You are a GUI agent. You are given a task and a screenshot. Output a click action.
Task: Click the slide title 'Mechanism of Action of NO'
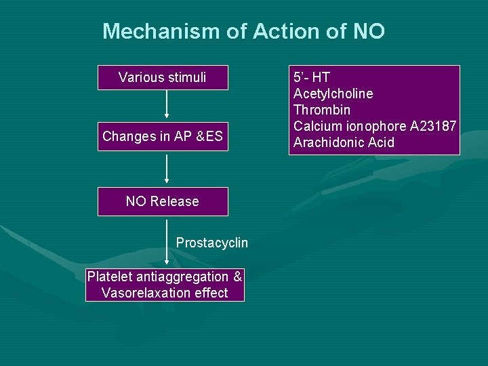pyautogui.click(x=243, y=31)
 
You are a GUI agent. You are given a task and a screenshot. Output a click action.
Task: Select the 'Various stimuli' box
pyautogui.click(x=163, y=78)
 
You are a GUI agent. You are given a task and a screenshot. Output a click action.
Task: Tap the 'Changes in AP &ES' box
pyautogui.click(x=163, y=136)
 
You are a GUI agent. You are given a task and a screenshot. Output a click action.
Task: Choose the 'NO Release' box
pyautogui.click(x=163, y=201)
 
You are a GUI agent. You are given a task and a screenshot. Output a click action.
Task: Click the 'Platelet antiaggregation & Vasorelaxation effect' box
pyautogui.click(x=165, y=285)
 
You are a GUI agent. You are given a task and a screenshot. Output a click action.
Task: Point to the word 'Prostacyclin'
pyautogui.click(x=212, y=243)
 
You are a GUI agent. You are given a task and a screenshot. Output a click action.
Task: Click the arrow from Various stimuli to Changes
pyautogui.click(x=167, y=106)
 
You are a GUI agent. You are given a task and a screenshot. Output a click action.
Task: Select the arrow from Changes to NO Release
pyautogui.click(x=167, y=168)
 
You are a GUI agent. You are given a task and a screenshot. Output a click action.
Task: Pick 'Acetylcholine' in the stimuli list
pyautogui.click(x=333, y=94)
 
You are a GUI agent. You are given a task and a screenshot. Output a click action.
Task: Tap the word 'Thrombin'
pyautogui.click(x=322, y=110)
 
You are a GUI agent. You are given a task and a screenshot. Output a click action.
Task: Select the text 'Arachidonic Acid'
pyautogui.click(x=344, y=142)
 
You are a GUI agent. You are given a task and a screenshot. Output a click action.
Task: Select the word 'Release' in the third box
pyautogui.click(x=175, y=201)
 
